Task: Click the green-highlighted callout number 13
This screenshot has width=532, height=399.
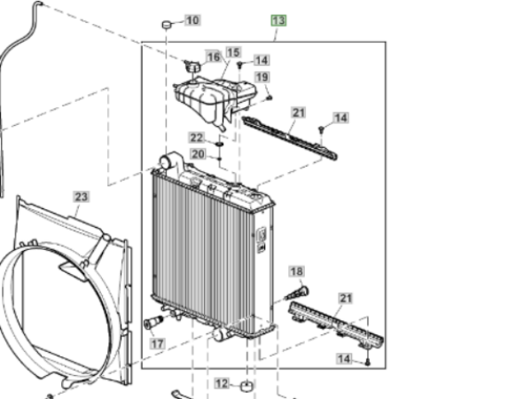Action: [278, 20]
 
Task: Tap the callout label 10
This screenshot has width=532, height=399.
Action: [192, 20]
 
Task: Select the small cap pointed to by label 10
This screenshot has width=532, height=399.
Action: [167, 25]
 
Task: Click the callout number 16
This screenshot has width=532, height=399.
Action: [214, 57]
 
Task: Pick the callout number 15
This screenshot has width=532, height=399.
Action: [233, 52]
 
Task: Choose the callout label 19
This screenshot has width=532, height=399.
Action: [262, 77]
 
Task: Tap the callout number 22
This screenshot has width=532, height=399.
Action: [197, 137]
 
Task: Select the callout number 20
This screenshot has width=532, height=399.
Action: [198, 154]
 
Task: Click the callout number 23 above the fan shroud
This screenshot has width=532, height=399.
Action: [82, 197]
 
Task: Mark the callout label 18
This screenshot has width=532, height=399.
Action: [296, 271]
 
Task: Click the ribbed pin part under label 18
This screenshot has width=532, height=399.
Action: [297, 293]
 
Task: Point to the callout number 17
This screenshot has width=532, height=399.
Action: [158, 344]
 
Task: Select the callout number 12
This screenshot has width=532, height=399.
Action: [223, 383]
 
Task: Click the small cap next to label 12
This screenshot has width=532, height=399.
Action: [247, 386]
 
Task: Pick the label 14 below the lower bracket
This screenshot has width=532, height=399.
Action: [344, 358]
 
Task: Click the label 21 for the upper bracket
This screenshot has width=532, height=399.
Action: [299, 113]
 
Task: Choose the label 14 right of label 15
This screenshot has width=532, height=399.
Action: [262, 60]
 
